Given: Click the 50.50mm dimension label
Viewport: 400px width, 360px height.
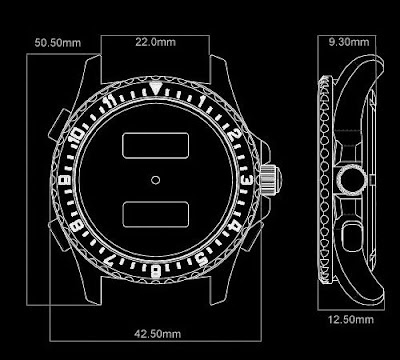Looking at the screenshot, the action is tap(58, 43).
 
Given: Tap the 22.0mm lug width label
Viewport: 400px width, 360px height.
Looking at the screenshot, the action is tap(155, 42).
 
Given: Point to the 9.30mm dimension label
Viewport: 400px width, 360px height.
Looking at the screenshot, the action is tap(349, 42).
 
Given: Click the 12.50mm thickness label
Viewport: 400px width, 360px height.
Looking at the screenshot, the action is tap(351, 320).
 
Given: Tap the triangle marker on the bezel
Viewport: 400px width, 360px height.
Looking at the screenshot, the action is tap(155, 88).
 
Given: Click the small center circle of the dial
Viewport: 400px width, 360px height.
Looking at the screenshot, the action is tap(155, 180).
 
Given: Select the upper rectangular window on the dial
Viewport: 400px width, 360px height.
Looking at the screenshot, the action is tap(156, 145).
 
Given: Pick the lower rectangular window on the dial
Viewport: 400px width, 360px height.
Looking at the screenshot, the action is tap(156, 215).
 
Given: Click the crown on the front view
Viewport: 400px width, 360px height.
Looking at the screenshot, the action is tap(270, 179).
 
